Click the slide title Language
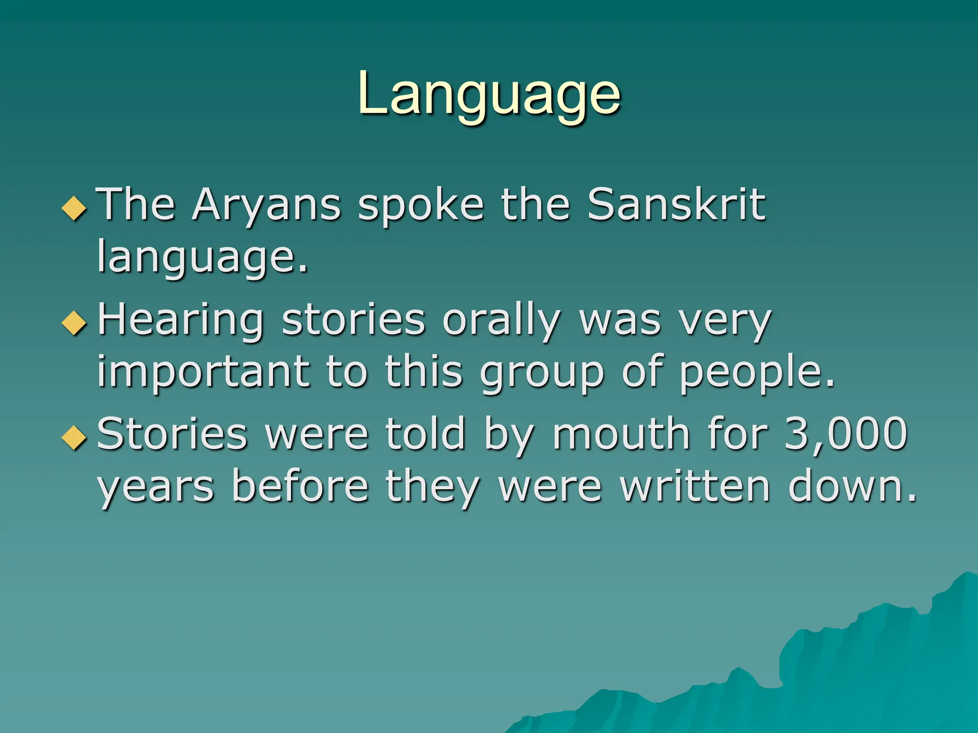tap(489, 95)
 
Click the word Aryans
tap(266, 205)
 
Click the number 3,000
tap(845, 434)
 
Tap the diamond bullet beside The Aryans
tap(74, 208)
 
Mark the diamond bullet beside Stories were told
tap(74, 437)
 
